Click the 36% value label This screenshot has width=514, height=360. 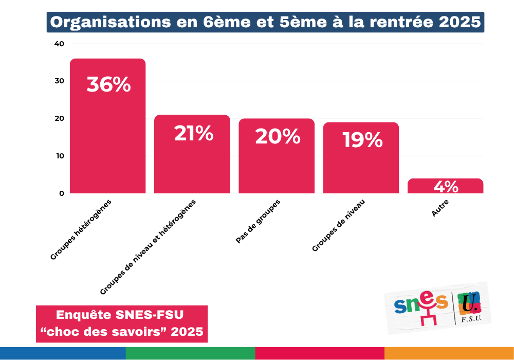coord(108,85)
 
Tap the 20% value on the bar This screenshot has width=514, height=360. coord(277,136)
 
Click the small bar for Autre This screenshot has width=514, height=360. coord(445,186)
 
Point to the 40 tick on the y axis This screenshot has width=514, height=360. coord(59,44)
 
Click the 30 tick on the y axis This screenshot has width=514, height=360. coord(59,81)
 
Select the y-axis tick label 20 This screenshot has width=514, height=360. coord(59,118)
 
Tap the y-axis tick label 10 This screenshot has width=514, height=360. coord(59,156)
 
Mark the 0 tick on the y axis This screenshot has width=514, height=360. coord(61,193)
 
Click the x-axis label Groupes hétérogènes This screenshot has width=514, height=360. coord(81,229)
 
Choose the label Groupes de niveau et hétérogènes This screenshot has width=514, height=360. coord(148,247)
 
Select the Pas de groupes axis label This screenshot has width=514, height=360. coord(258,222)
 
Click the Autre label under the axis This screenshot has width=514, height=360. coord(440,208)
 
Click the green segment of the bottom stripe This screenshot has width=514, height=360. coord(190,353)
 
